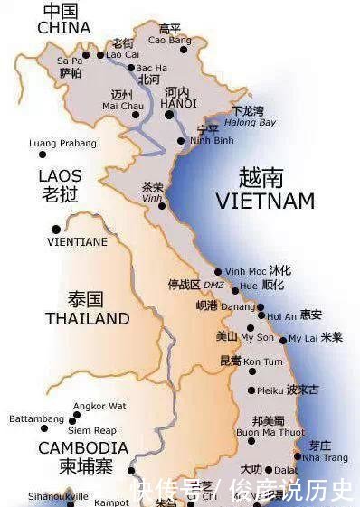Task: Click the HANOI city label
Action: point(178,104)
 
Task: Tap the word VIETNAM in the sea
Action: point(264,201)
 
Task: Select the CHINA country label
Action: point(63,28)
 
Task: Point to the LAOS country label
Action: point(60,175)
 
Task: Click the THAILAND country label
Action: point(88,318)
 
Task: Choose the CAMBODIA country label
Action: point(82,448)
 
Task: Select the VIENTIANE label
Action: point(77,241)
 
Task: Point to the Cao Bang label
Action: point(169,41)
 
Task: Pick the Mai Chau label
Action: point(123,106)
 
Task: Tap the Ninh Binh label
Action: point(212,140)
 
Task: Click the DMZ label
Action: point(213,285)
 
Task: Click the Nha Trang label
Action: point(325,457)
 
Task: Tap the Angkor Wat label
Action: point(99,406)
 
